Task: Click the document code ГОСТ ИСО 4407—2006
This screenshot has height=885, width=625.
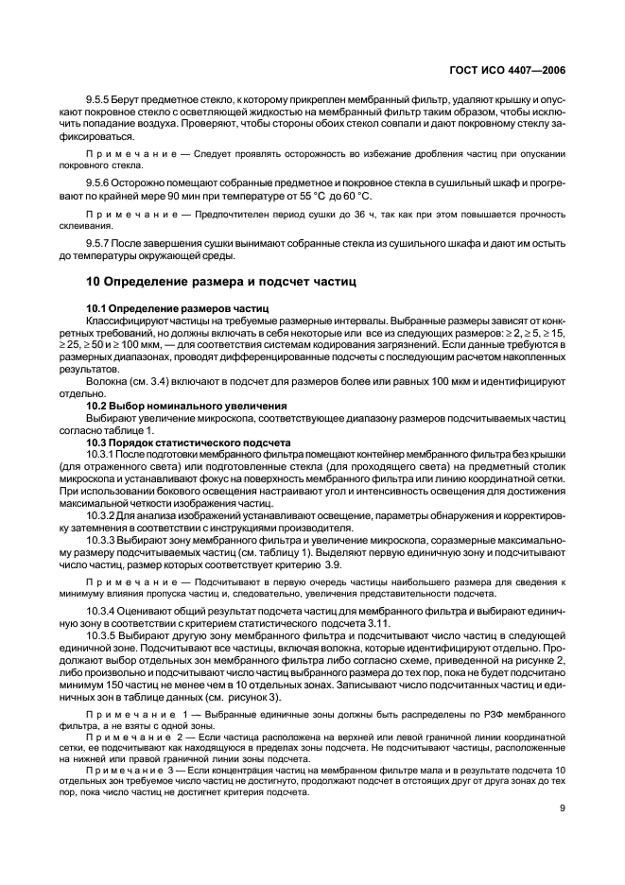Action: point(512,69)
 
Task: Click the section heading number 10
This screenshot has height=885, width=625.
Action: point(94,282)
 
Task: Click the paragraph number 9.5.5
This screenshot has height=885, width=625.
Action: point(99,98)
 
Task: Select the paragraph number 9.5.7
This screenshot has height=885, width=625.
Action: point(99,243)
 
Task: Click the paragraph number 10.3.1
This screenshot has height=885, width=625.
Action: point(102,454)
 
